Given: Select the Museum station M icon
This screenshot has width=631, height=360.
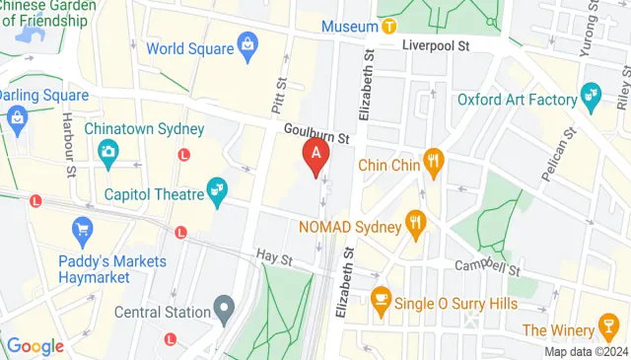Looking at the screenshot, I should tap(390, 26).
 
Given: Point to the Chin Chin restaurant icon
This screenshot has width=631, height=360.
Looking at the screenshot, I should tap(432, 160).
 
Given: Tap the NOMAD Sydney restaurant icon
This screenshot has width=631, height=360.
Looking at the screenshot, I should tap(417, 224).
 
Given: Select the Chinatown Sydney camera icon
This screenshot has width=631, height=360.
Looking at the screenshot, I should tap(106, 151).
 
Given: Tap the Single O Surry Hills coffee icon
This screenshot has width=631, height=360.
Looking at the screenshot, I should tap(380, 298).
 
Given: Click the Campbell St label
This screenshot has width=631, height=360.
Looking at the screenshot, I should tap(485, 268).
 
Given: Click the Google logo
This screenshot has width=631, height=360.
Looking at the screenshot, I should tap(35, 346).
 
